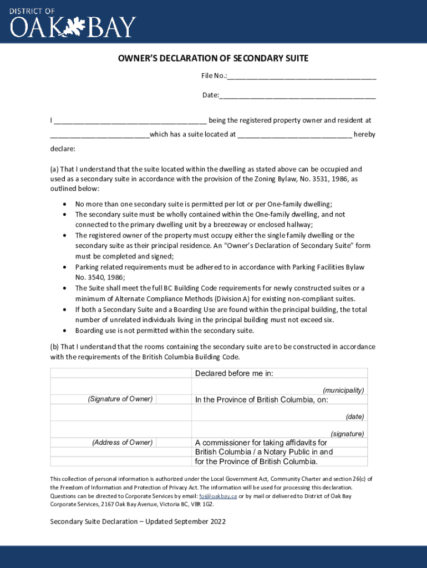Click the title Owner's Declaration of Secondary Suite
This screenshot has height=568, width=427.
[x=213, y=58]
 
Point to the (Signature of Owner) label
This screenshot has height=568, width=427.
[x=120, y=399]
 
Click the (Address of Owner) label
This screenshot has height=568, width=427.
[x=122, y=442]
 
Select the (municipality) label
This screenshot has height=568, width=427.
[x=343, y=390]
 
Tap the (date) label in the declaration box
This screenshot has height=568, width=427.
[x=355, y=416]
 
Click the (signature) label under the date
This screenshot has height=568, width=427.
[x=347, y=434]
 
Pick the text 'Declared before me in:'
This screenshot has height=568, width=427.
[x=234, y=373]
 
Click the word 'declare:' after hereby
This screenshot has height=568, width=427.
[x=63, y=149]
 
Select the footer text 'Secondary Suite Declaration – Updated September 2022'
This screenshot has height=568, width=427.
[x=138, y=522]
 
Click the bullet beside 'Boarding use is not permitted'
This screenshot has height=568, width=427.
[x=65, y=331]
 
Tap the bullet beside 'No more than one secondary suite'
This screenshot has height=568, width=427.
[x=65, y=204]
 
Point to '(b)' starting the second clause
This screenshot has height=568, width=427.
[x=54, y=347]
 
